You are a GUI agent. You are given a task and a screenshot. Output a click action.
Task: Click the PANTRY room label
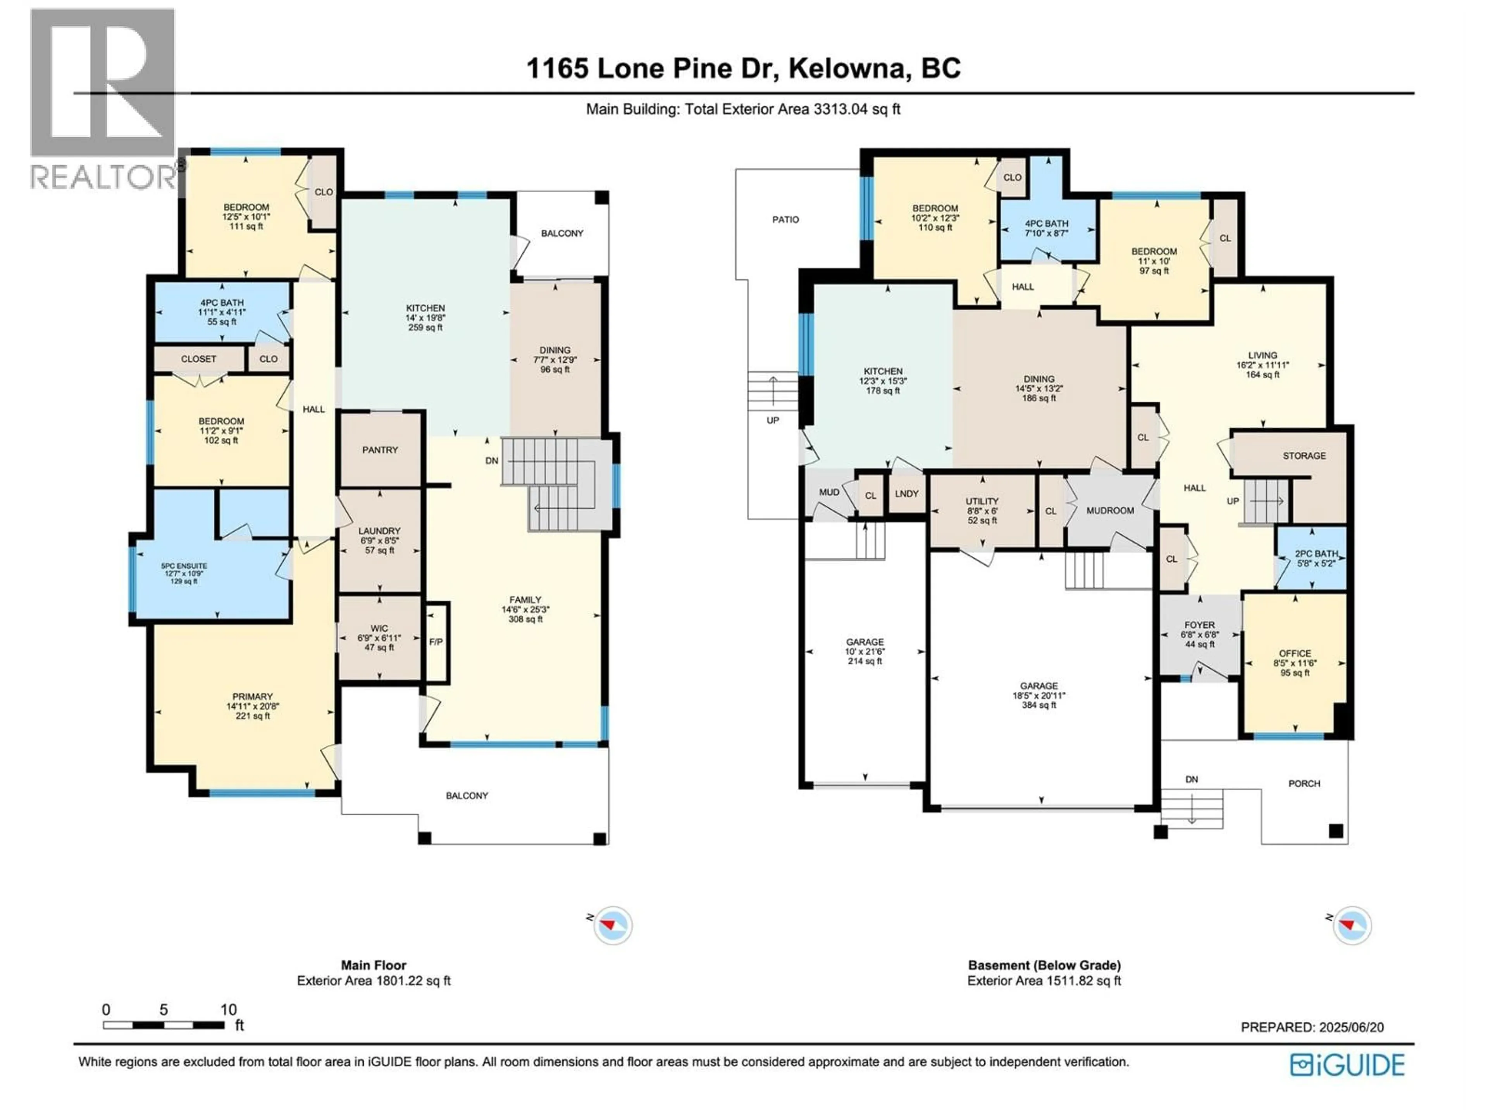(x=380, y=450)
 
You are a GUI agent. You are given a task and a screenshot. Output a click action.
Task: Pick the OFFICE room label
(x=1295, y=653)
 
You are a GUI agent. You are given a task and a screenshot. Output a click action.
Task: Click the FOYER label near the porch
(x=1199, y=625)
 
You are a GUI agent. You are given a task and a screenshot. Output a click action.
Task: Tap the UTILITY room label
(x=982, y=501)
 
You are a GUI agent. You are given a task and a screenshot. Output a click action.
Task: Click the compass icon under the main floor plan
(x=613, y=926)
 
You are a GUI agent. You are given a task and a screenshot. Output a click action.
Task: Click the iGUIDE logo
(x=1347, y=1065)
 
